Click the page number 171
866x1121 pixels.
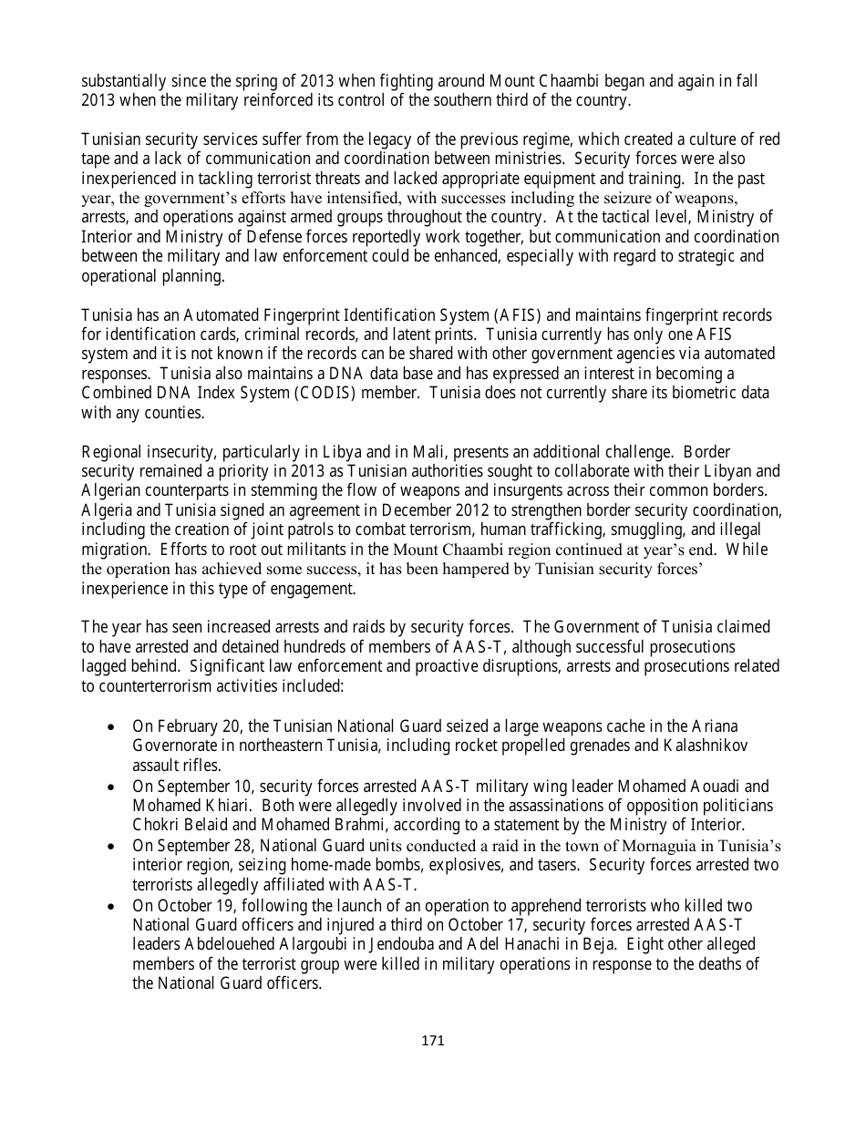432,1040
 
